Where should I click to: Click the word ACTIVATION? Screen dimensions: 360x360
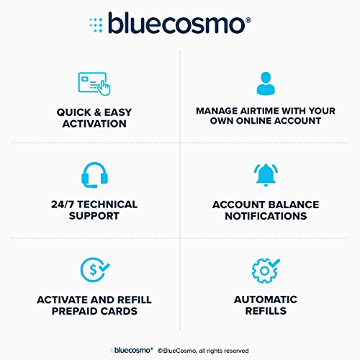click(96, 124)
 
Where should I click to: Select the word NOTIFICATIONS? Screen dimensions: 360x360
click(265, 216)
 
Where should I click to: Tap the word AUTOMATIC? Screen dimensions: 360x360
click(265, 299)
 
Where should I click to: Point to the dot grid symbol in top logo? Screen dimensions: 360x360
click(96, 24)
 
